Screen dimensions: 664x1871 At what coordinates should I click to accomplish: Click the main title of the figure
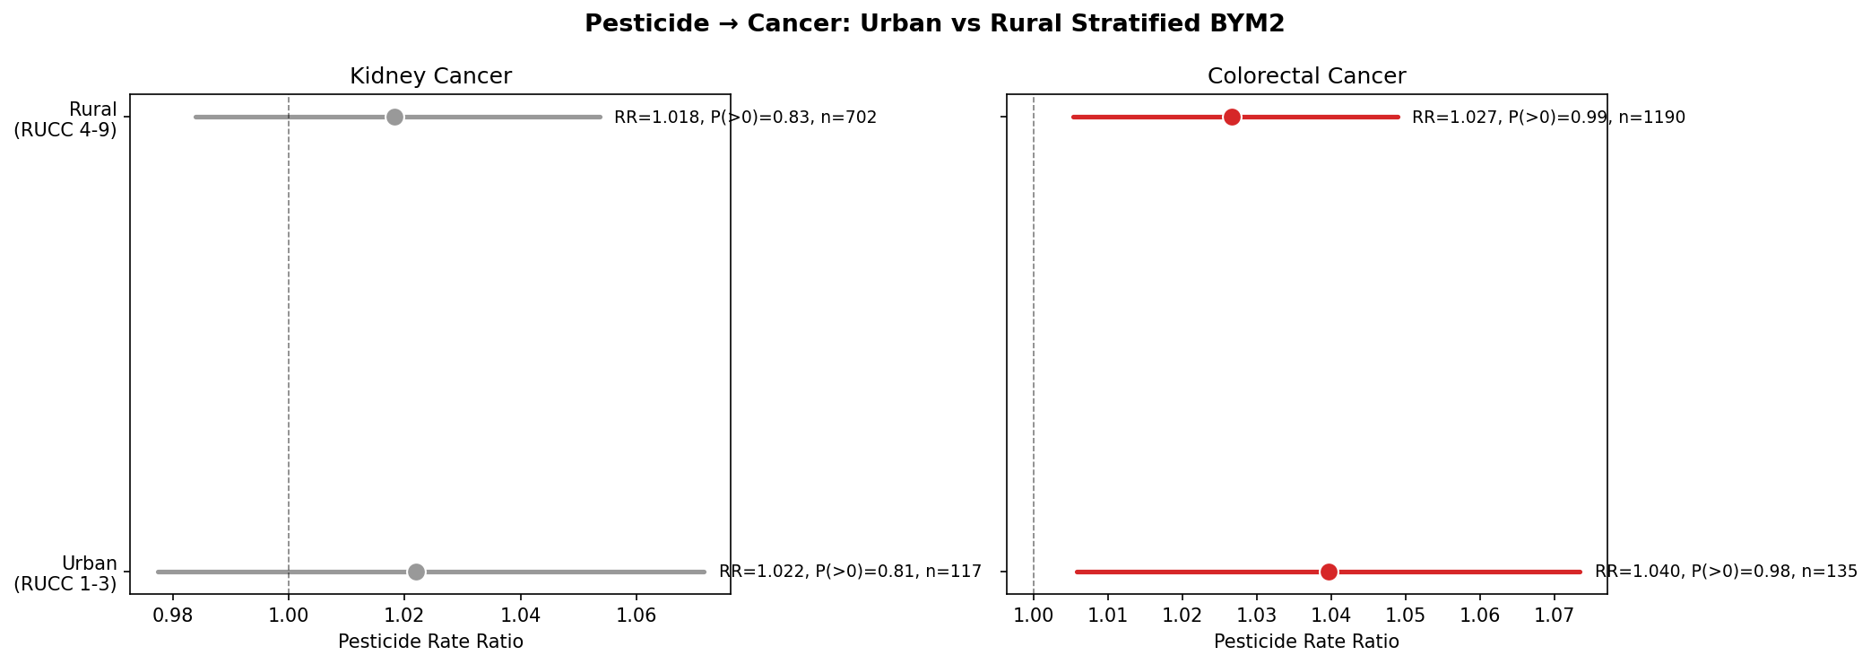[x=934, y=24]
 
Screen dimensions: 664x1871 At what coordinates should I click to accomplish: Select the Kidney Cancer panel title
[x=430, y=76]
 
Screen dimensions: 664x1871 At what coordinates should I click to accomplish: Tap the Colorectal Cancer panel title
[x=1306, y=76]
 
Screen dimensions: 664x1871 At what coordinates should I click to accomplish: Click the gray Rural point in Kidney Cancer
[x=394, y=118]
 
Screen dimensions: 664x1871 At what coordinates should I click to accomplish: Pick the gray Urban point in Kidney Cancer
[x=416, y=572]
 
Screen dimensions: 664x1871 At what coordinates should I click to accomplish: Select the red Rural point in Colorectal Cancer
[x=1232, y=118]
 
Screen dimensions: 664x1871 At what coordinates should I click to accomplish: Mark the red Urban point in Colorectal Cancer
[x=1329, y=572]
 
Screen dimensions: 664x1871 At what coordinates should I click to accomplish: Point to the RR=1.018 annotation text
[x=745, y=118]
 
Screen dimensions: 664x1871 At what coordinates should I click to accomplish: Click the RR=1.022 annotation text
[x=850, y=572]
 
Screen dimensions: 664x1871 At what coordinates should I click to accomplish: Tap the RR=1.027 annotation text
[x=1548, y=118]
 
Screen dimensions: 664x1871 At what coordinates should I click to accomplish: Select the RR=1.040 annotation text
[x=1726, y=572]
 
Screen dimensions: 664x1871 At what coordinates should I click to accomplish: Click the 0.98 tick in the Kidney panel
[x=172, y=616]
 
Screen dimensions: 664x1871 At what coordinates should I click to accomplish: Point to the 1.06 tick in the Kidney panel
[x=637, y=616]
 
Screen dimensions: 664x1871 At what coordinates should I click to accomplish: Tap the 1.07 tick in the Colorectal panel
[x=1554, y=616]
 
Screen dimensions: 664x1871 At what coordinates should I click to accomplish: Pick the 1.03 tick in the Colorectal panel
[x=1257, y=616]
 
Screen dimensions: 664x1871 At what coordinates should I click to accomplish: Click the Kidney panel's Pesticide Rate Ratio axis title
[x=430, y=642]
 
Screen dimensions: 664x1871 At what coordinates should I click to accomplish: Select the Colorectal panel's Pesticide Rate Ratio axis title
[x=1306, y=642]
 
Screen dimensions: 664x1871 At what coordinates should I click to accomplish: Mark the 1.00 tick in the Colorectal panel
[x=1034, y=616]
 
